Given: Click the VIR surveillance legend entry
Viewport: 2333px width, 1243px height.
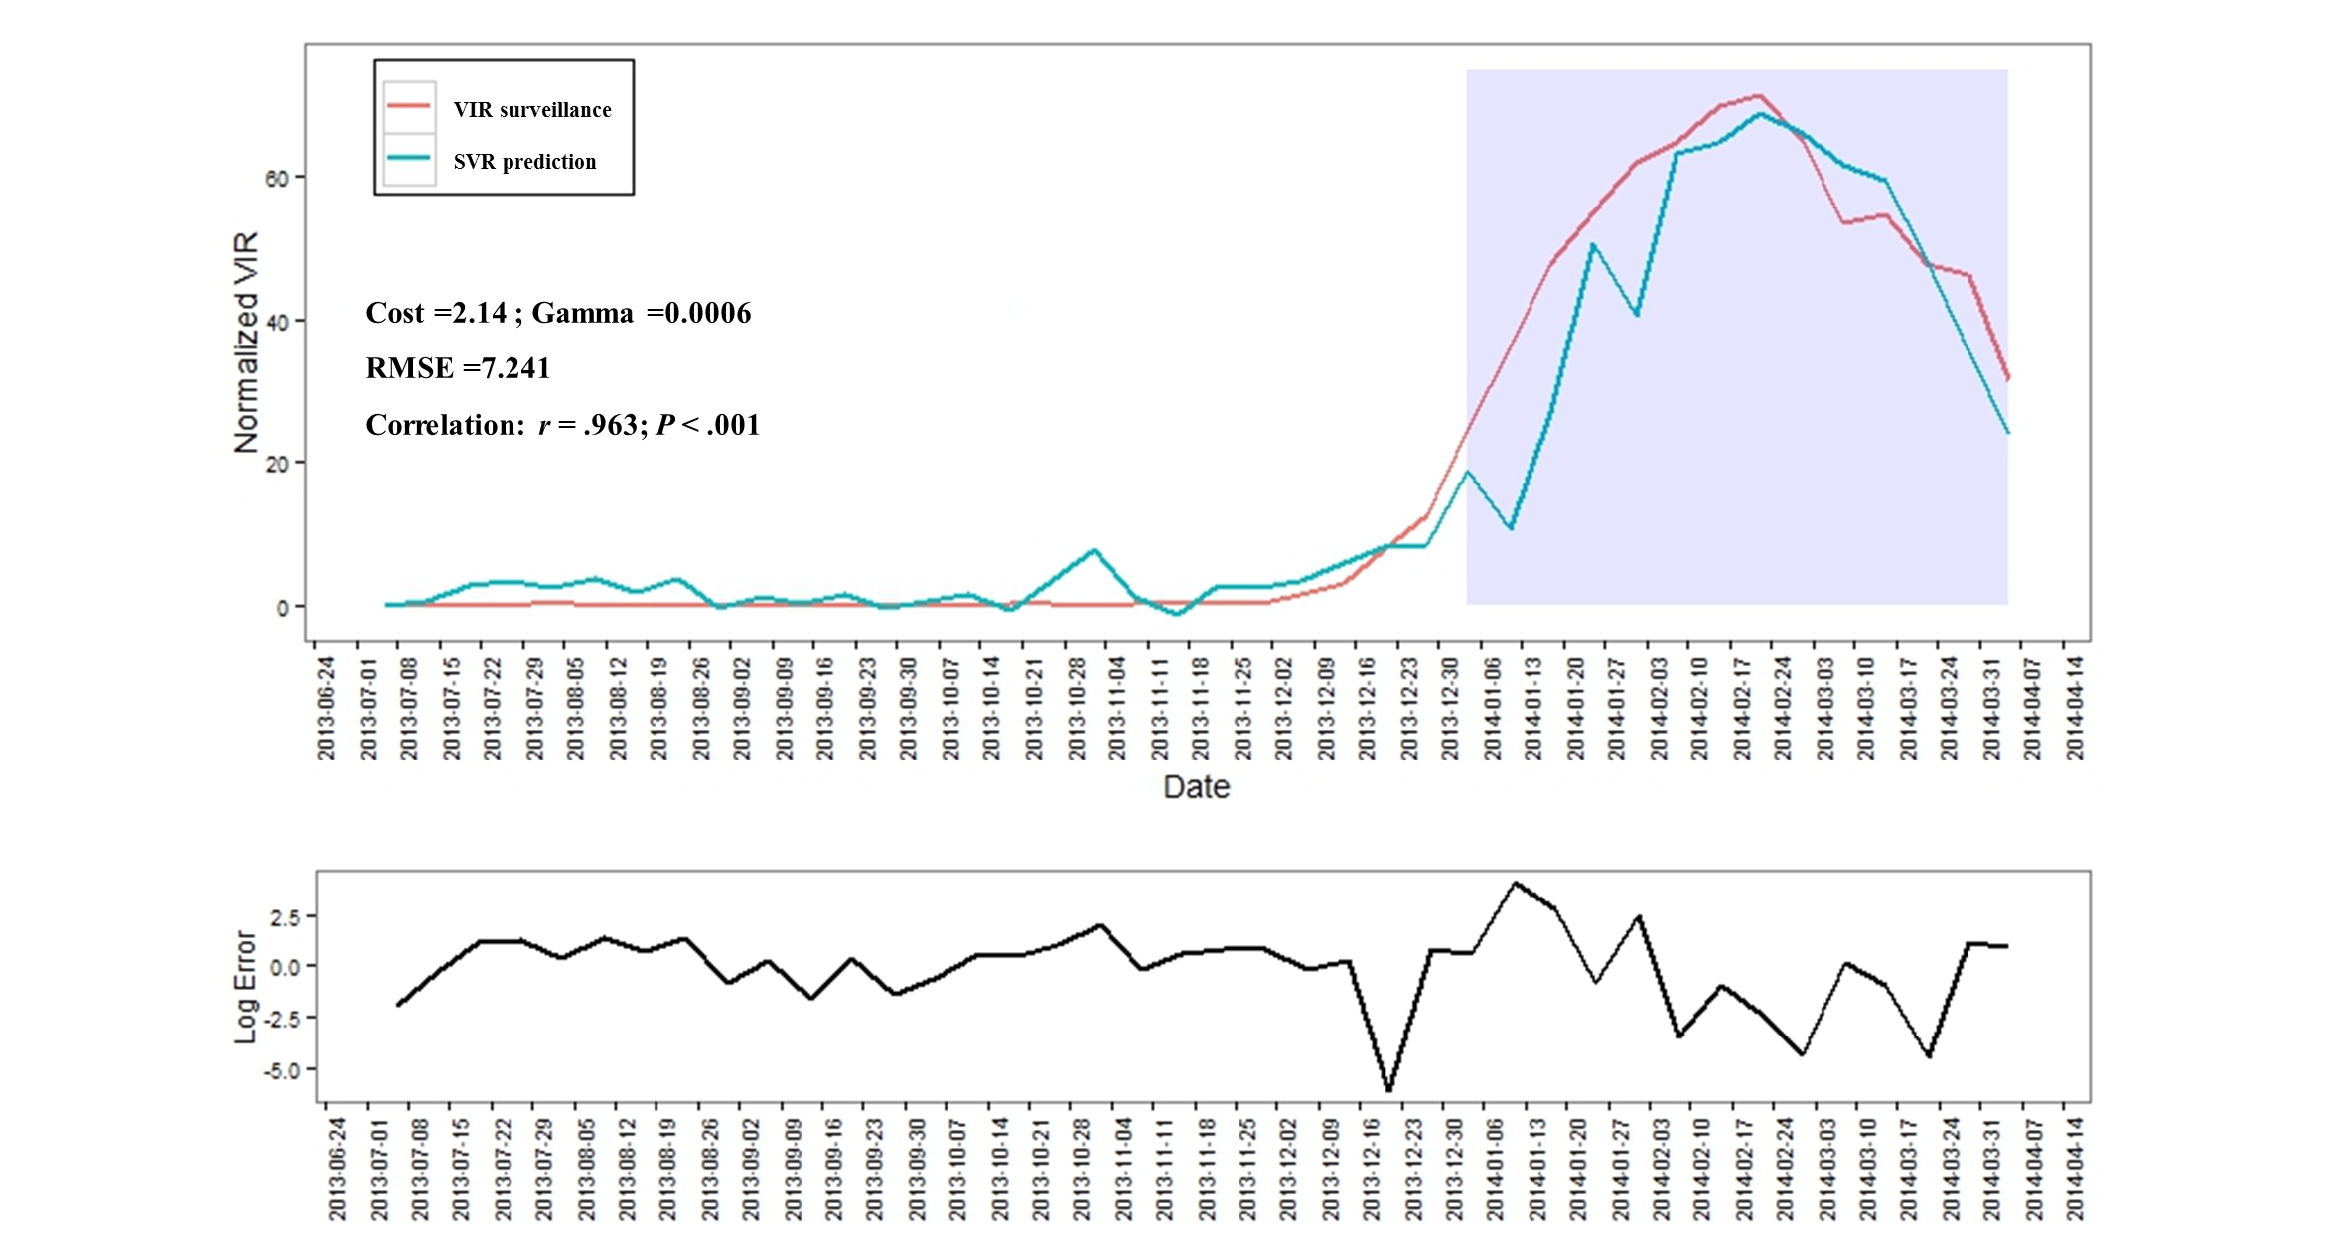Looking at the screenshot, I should (531, 110).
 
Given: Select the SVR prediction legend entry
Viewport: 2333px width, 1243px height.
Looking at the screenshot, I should (523, 162).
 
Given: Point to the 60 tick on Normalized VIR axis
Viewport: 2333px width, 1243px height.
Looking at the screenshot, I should (277, 179).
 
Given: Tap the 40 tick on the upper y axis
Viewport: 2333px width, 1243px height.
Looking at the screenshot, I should (277, 322).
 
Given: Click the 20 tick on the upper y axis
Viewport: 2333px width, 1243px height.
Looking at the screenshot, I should (277, 464).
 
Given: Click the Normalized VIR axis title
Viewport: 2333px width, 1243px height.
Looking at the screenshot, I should (246, 343).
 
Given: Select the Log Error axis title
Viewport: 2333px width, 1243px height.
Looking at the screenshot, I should (245, 987).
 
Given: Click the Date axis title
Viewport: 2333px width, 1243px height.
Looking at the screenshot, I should (1196, 787).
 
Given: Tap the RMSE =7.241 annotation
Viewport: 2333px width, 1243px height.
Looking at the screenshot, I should (458, 368).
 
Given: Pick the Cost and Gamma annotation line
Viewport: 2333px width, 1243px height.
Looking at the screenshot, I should (558, 313).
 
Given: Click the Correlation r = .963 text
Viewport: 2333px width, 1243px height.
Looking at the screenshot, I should (562, 425).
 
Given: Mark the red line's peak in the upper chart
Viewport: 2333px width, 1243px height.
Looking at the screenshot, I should (1759, 96).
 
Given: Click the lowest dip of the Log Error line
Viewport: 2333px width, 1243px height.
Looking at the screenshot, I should (1388, 1090).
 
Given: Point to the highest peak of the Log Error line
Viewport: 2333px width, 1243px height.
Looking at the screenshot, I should (1514, 882).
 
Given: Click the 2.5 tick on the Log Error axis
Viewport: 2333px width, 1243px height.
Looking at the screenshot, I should (285, 917).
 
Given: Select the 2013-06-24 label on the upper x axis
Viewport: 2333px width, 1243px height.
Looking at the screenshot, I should (327, 708).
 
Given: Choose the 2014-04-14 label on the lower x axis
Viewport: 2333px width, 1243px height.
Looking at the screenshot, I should (2075, 1169).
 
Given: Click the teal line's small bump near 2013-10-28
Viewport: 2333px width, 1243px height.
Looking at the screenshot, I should (1094, 550).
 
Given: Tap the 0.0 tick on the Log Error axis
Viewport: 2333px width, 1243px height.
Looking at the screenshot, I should (285, 967).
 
